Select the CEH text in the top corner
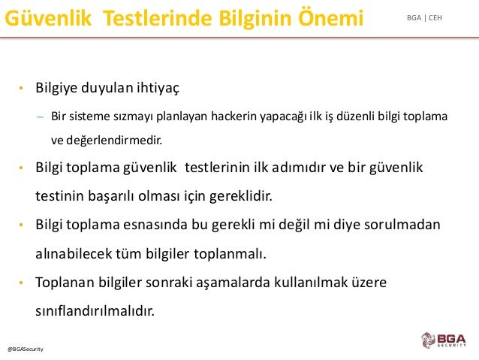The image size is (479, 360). [435, 18]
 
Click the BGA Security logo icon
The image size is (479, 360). [428, 340]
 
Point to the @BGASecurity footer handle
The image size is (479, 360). [26, 349]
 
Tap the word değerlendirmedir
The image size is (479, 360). [114, 141]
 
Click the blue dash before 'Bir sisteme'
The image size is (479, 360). [40, 116]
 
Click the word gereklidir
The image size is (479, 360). [241, 196]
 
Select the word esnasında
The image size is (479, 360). [155, 225]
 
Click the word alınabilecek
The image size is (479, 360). [74, 253]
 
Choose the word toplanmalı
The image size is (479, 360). [230, 254]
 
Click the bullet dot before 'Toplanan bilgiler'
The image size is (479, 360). [21, 283]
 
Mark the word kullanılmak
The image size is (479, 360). [311, 282]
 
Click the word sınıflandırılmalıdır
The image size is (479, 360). [95, 310]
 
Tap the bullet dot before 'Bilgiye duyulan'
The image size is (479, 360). [21, 89]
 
